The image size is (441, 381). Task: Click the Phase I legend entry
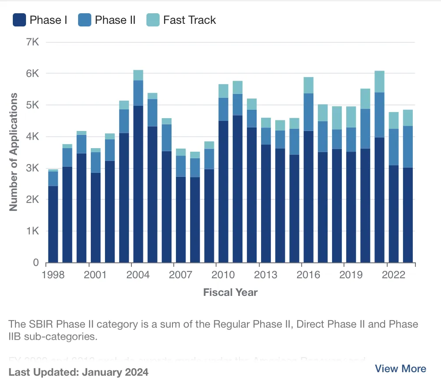(40, 20)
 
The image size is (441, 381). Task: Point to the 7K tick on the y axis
(33, 42)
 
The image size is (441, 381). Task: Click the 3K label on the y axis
(33, 168)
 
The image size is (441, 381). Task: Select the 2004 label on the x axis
(138, 275)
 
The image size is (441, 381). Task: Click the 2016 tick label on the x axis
(308, 275)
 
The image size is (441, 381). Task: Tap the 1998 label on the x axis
(53, 275)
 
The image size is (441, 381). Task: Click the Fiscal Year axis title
(230, 292)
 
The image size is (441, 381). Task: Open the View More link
(400, 369)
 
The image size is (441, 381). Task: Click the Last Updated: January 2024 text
(78, 372)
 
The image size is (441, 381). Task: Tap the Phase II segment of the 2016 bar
(308, 112)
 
